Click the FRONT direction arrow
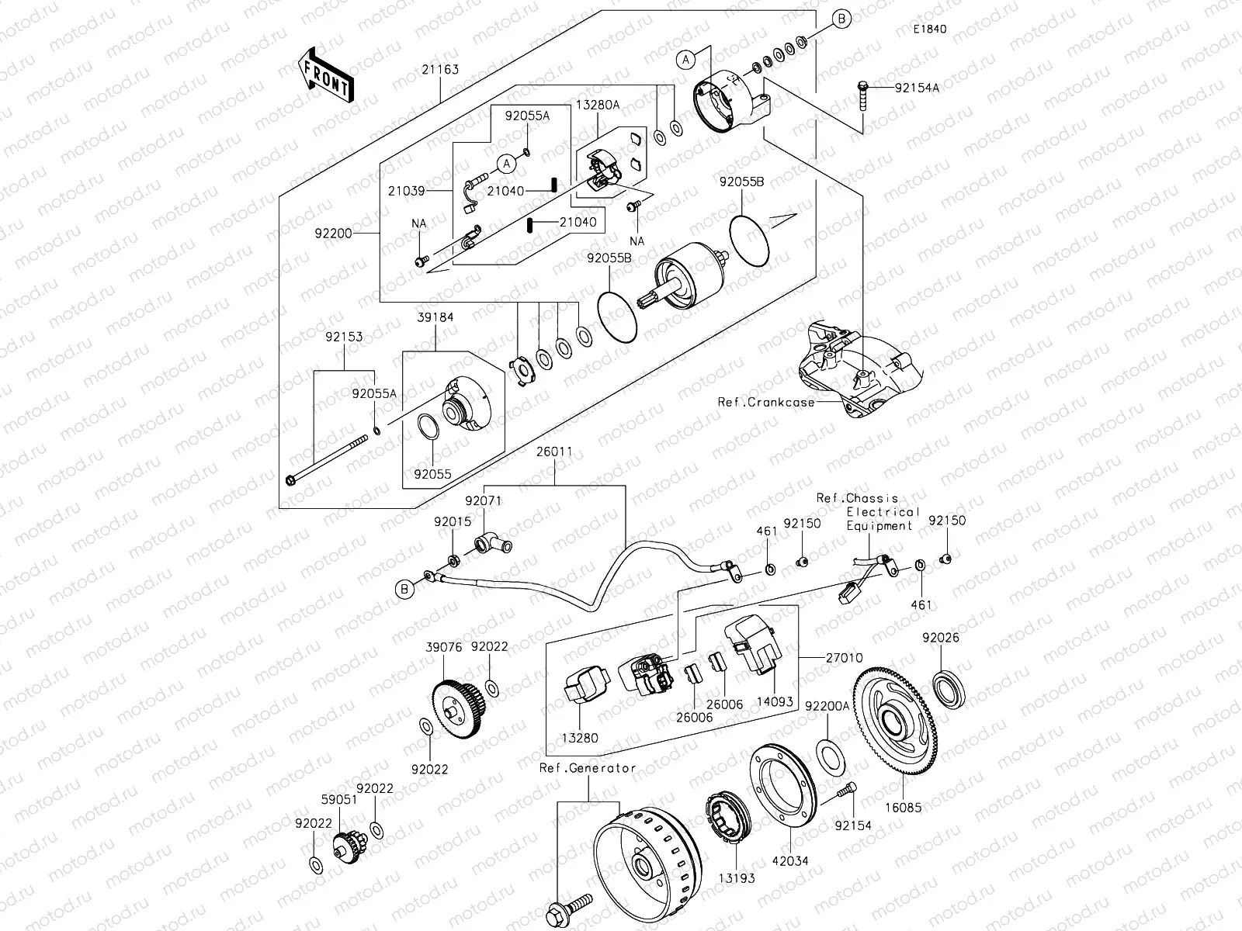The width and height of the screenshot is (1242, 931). click(x=325, y=75)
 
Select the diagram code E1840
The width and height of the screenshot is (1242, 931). click(x=929, y=29)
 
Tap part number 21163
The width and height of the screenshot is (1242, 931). click(x=440, y=69)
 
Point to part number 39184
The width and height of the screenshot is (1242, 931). click(x=435, y=317)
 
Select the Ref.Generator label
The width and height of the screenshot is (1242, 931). click(x=588, y=768)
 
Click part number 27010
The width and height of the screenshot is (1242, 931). click(x=844, y=657)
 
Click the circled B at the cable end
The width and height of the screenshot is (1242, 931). click(x=404, y=590)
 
